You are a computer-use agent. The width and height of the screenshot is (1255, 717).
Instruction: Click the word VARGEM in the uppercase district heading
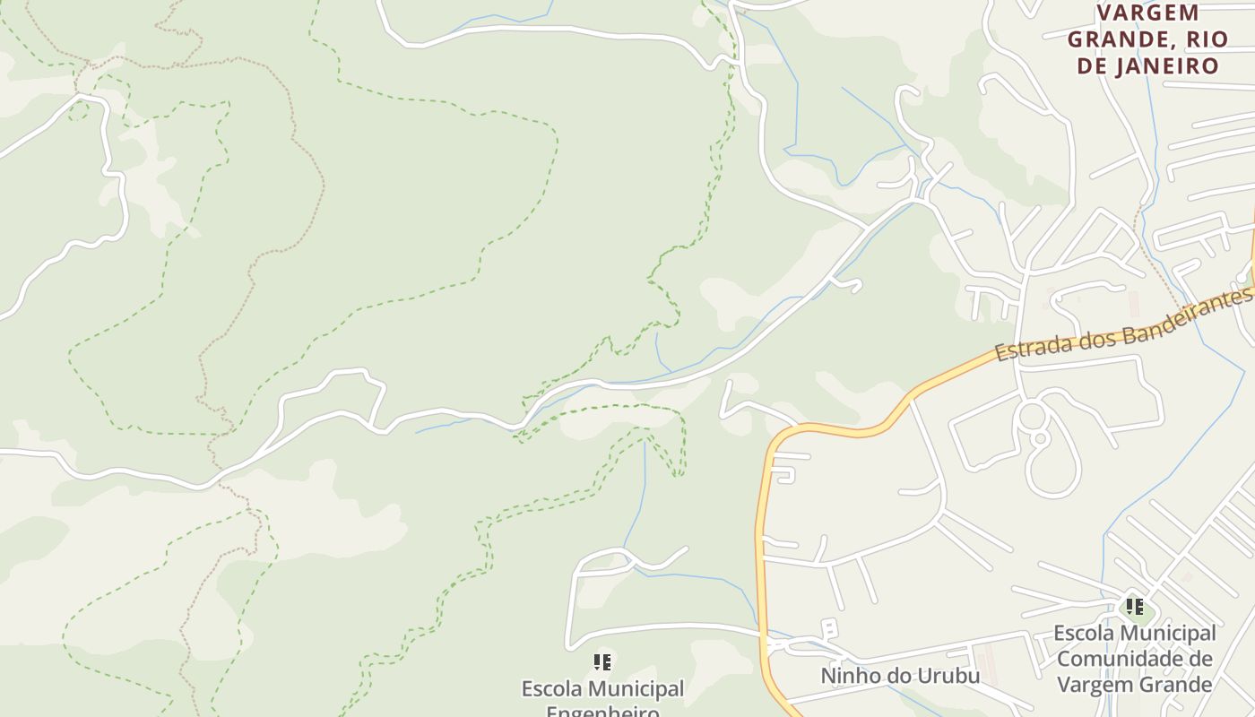(x=1135, y=13)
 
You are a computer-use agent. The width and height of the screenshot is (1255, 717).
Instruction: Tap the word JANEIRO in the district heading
(x=1169, y=66)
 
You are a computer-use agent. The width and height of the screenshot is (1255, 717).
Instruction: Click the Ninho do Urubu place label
(x=900, y=675)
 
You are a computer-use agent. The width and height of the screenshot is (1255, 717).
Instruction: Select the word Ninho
(x=850, y=675)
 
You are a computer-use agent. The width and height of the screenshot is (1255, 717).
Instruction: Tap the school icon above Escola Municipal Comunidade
(x=1134, y=607)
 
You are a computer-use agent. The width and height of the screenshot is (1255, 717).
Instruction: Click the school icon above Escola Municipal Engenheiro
(x=602, y=662)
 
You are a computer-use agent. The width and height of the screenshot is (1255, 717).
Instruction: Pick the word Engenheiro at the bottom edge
(x=602, y=713)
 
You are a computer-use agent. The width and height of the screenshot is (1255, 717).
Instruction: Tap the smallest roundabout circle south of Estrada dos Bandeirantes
(x=1040, y=439)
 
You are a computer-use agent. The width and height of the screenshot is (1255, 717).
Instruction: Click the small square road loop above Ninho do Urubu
(x=830, y=626)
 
